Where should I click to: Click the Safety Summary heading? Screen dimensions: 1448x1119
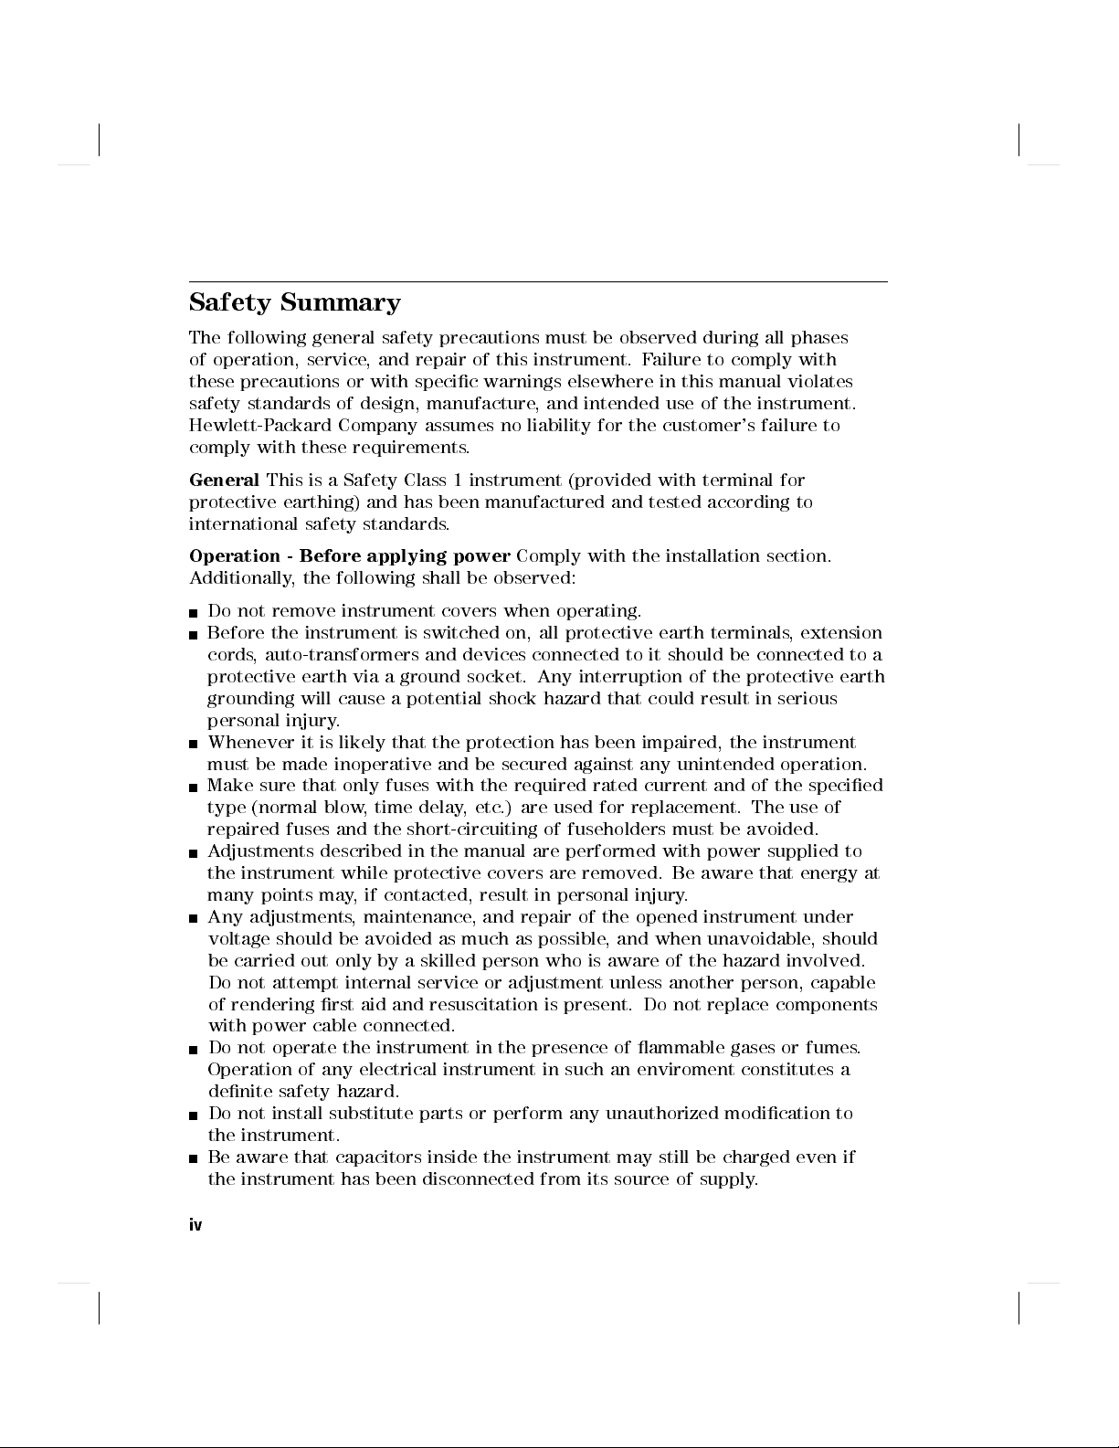tap(294, 303)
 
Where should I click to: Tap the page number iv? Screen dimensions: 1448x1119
tap(195, 1225)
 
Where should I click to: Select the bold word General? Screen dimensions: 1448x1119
tap(224, 481)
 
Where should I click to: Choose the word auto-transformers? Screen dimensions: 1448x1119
tap(342, 655)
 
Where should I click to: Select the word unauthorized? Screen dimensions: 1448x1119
tap(661, 1114)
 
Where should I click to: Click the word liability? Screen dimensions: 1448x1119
tap(558, 426)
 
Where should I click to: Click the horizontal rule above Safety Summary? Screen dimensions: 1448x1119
tap(538, 282)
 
